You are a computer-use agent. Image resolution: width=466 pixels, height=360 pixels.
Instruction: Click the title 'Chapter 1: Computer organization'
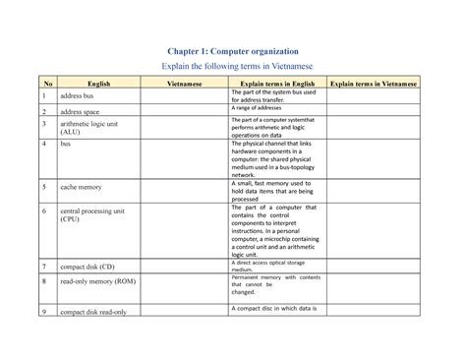232,49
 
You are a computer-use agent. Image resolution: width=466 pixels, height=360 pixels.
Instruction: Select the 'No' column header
44,85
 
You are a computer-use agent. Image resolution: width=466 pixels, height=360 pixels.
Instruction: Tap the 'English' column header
99,85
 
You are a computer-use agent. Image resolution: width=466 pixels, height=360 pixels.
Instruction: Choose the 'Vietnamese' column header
184,85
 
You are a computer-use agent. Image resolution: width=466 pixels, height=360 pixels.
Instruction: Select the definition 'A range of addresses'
259,108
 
